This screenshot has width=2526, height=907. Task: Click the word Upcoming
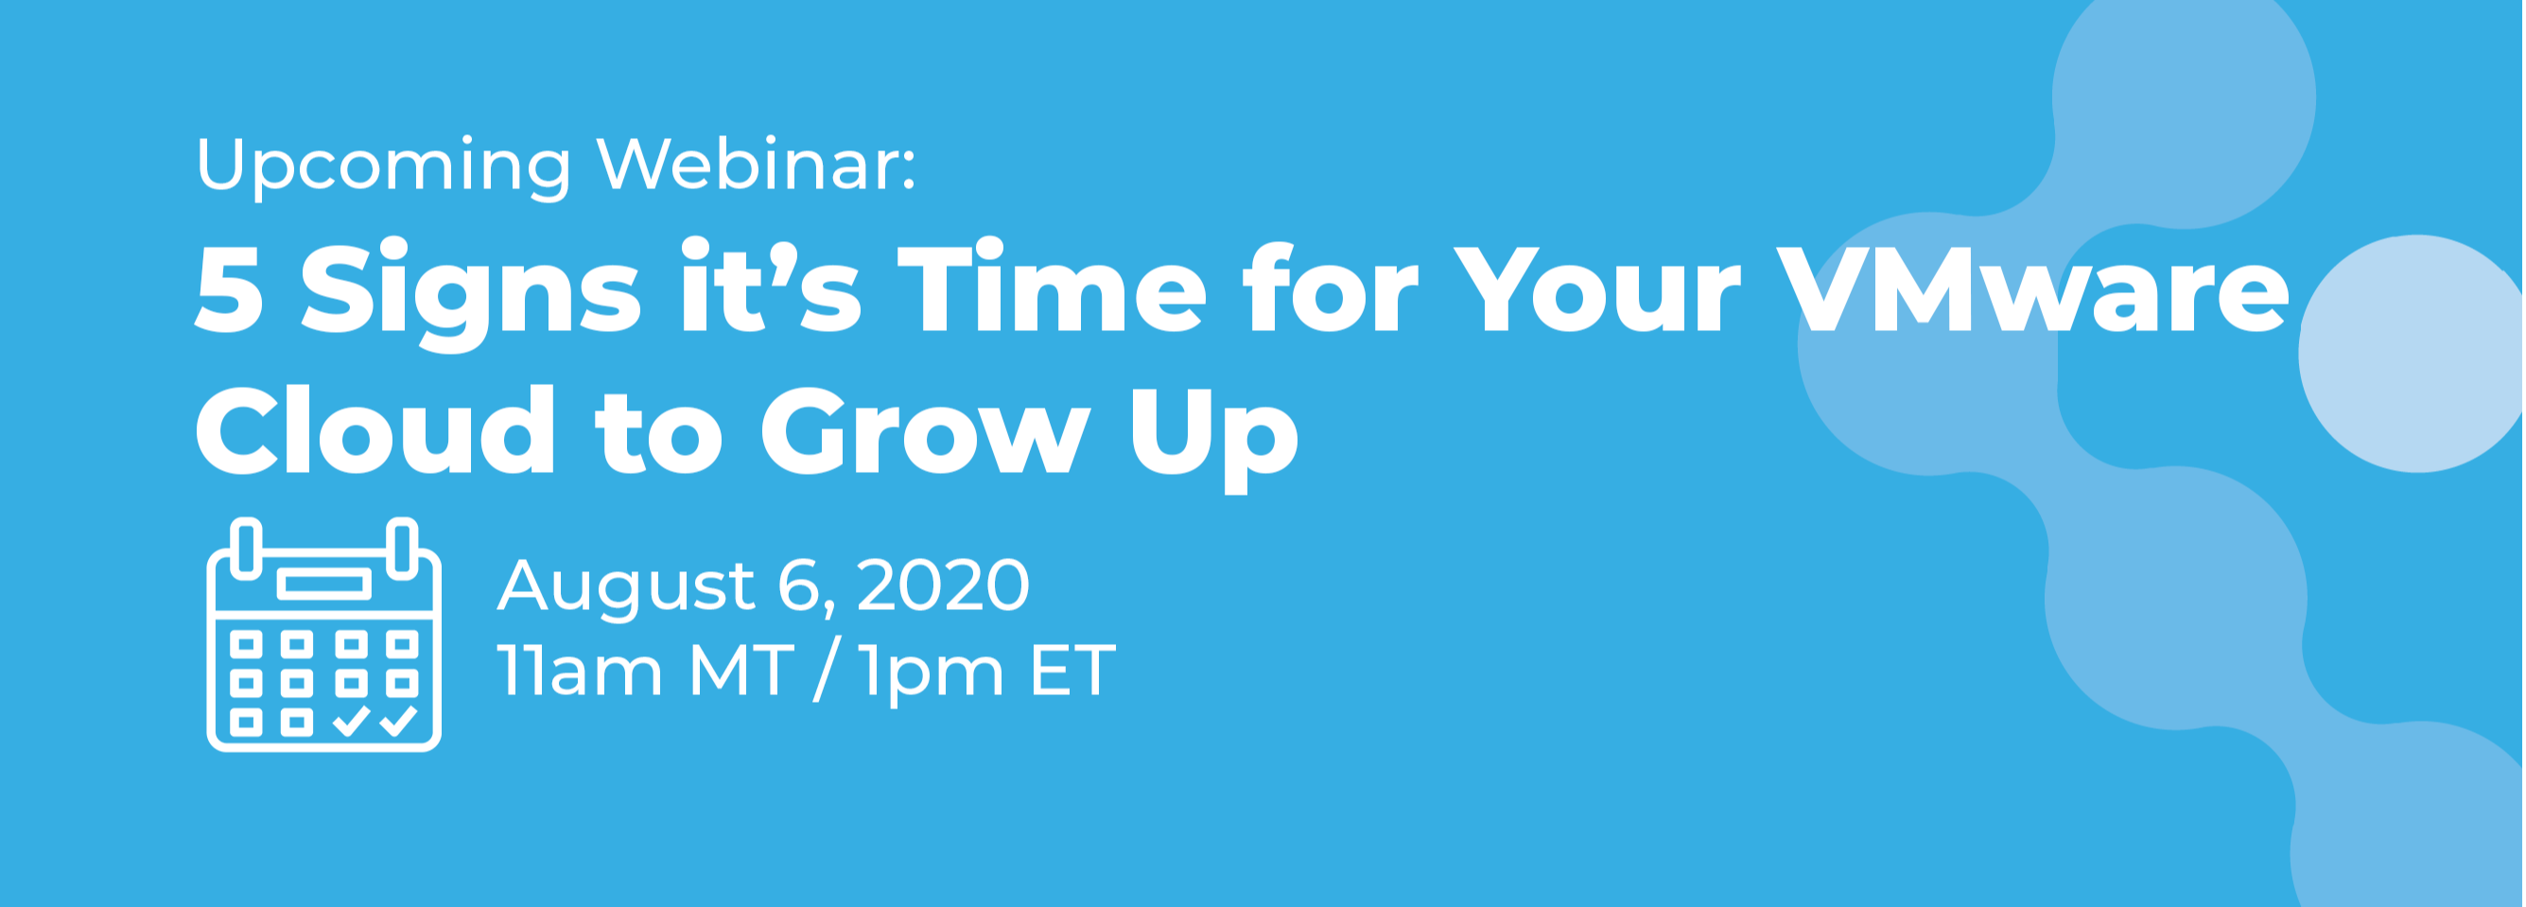point(383,166)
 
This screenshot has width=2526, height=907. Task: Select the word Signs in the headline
point(471,293)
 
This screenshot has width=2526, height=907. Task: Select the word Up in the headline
point(1214,437)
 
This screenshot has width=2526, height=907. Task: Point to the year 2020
point(943,584)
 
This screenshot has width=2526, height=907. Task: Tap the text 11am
point(580,671)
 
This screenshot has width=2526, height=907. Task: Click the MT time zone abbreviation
point(740,671)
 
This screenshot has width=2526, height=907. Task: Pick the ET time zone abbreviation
point(1072,671)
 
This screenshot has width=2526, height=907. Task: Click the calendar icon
point(323,635)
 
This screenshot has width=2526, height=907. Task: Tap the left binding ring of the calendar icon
point(246,549)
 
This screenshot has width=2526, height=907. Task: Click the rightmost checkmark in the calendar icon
point(399,722)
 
